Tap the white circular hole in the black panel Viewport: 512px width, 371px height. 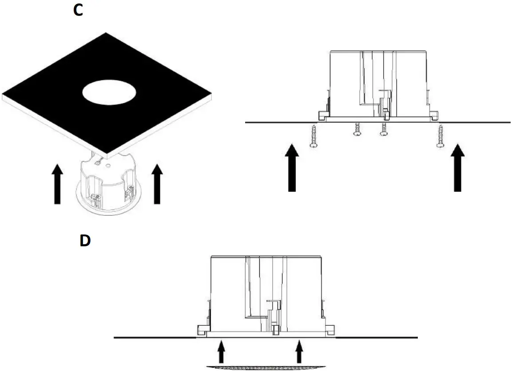click(109, 92)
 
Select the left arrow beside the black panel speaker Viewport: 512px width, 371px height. click(56, 183)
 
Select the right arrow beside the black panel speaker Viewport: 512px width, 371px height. click(156, 183)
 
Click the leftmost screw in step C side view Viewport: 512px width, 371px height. click(314, 137)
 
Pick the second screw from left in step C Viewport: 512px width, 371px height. click(356, 130)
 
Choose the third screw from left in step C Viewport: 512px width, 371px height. click(383, 130)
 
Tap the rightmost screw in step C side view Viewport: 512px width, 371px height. click(441, 137)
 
